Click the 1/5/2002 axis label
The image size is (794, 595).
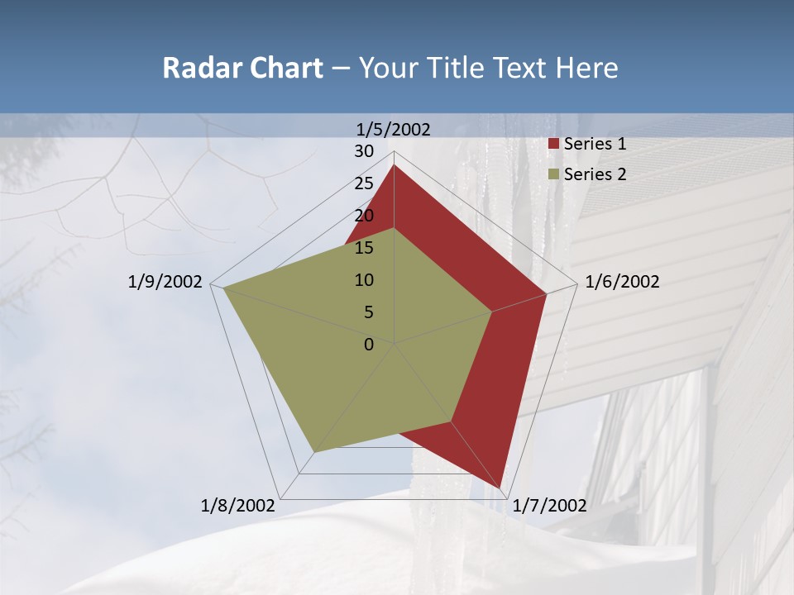394,129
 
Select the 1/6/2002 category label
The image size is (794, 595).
622,282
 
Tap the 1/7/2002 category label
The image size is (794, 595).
550,506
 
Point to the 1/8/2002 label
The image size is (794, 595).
237,506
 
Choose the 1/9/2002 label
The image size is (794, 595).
165,282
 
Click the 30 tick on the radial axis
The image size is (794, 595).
364,151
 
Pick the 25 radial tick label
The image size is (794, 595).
364,183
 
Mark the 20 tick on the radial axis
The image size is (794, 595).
364,216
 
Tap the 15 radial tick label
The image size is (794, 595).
364,248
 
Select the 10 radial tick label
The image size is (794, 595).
364,280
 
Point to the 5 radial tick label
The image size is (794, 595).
369,312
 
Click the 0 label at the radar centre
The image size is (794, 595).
369,345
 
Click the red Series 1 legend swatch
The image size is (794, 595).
554,145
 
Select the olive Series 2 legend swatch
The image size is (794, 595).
554,174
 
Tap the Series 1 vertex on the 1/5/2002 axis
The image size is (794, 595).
394,164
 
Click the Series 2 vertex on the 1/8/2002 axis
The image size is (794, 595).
314,452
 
